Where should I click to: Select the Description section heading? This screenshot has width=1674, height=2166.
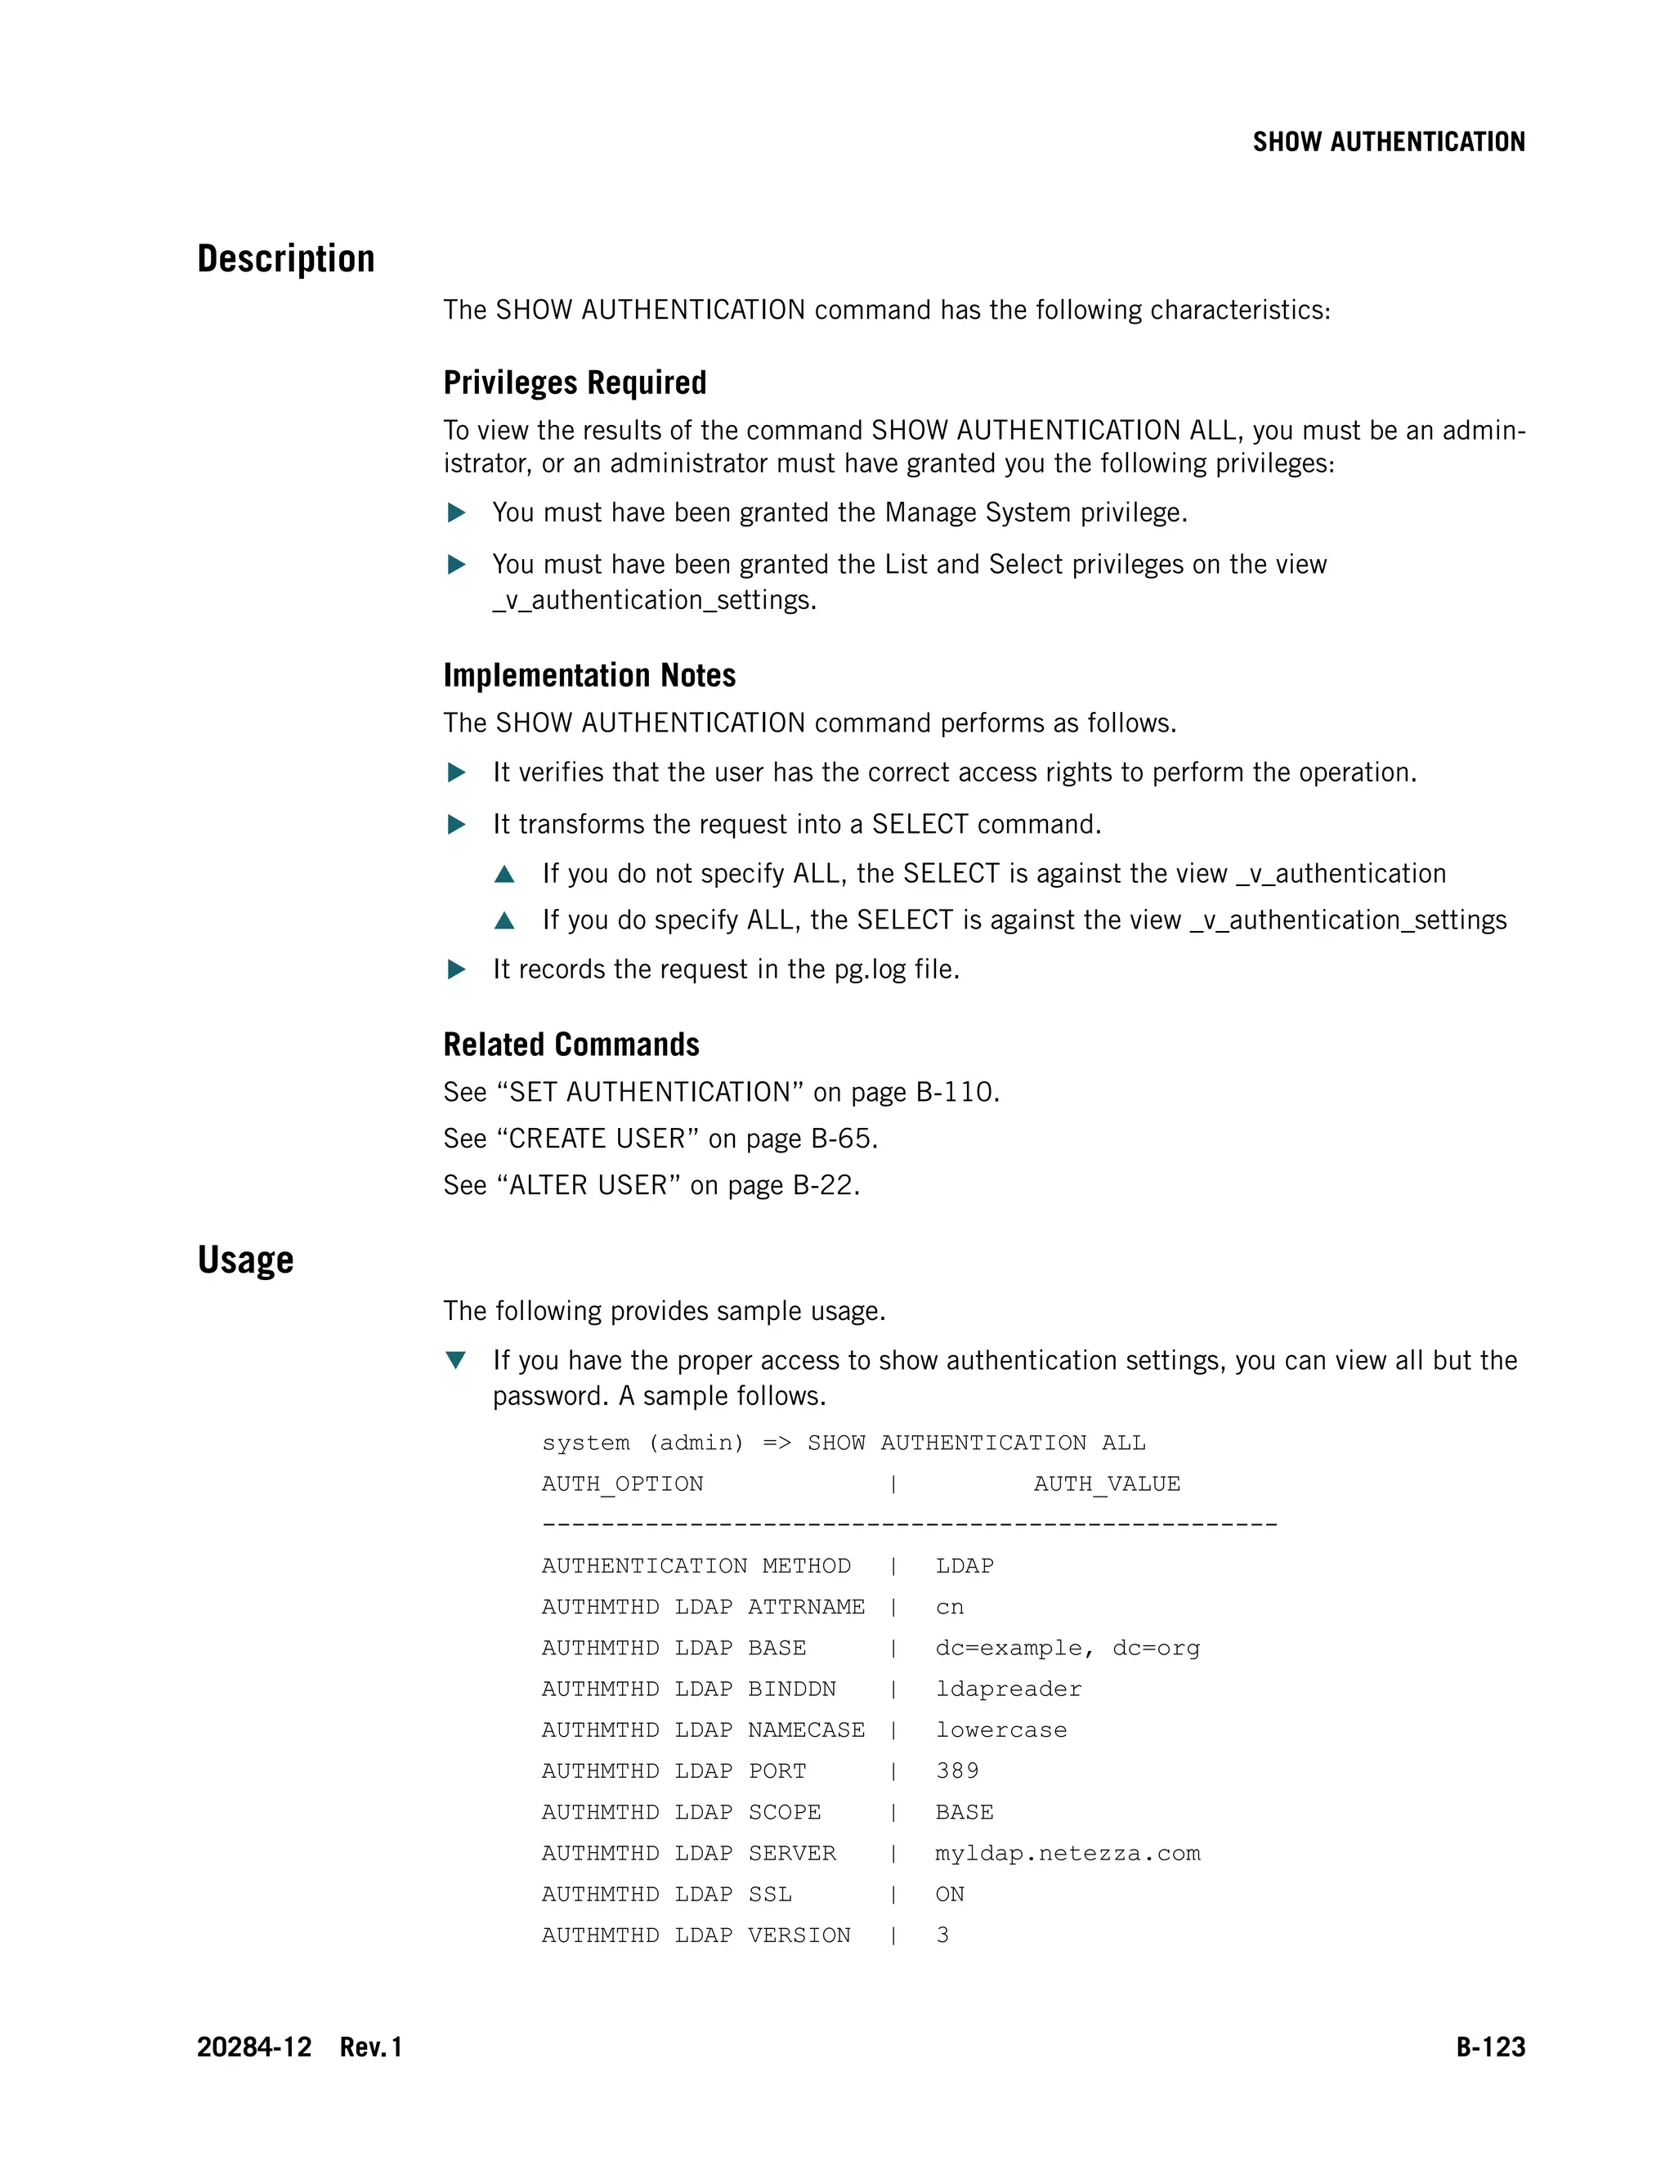[285, 259]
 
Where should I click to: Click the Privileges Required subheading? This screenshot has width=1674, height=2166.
[574, 383]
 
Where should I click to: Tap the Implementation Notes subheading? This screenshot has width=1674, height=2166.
[589, 675]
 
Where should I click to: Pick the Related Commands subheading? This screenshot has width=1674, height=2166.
[571, 1045]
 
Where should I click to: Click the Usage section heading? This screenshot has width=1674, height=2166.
[245, 1260]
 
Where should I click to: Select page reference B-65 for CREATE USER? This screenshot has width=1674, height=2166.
[842, 1139]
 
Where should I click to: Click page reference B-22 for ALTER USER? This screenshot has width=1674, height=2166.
[824, 1185]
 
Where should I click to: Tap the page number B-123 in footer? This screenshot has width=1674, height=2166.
[1489, 2047]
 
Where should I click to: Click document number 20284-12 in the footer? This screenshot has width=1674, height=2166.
[254, 2047]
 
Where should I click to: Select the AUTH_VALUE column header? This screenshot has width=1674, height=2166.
[1106, 1484]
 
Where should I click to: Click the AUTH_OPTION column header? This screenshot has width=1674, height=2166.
[622, 1484]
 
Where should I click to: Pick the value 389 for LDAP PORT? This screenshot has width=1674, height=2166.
[957, 1770]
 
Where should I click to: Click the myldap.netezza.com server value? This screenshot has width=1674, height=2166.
[1067, 1853]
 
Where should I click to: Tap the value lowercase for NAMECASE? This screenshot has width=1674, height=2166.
[1000, 1730]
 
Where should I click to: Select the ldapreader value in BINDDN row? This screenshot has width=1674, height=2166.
[1008, 1689]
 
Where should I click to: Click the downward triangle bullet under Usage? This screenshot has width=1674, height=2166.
[456, 1360]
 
